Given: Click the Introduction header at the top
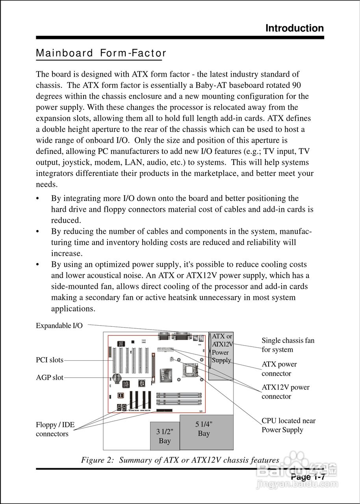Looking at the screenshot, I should click(294, 28).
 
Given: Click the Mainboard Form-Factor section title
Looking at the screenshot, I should click(101, 53).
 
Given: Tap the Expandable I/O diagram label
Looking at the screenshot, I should click(59, 326).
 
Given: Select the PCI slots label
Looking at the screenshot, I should click(49, 360).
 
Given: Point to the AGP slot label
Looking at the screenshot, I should click(49, 378).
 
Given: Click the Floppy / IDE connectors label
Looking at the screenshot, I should click(55, 429).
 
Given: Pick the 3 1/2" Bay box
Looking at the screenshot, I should click(165, 436).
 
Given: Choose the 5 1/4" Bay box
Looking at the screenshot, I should click(206, 432).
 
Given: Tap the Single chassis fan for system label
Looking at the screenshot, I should click(288, 345).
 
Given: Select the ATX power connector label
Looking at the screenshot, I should click(279, 369).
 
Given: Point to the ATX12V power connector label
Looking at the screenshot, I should click(285, 392).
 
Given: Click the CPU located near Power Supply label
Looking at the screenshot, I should click(288, 425).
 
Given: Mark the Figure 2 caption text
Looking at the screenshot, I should click(180, 460).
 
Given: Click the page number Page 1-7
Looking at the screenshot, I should click(308, 477).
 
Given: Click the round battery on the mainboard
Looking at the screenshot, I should click(117, 378).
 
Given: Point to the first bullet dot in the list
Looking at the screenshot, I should click(38, 199).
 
